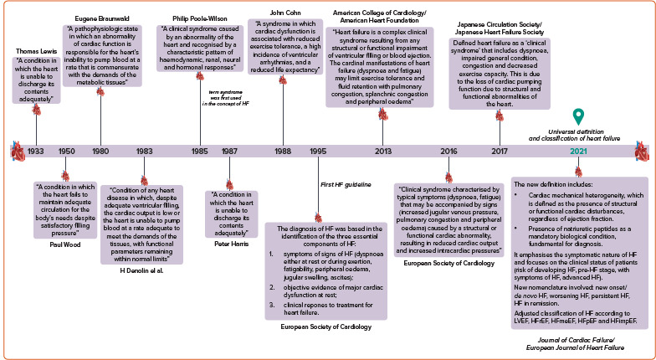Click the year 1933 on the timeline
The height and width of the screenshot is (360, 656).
(36, 152)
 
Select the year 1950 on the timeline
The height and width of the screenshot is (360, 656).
(66, 152)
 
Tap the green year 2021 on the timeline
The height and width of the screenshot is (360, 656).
(578, 152)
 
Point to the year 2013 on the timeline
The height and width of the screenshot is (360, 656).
(382, 152)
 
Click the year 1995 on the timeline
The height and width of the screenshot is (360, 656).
(318, 152)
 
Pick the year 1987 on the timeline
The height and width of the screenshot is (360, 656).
(228, 152)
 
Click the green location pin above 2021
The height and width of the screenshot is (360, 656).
(577, 117)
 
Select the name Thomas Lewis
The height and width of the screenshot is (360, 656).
(36, 51)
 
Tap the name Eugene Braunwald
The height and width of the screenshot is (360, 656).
(100, 16)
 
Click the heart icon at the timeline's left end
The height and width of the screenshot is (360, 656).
(16, 152)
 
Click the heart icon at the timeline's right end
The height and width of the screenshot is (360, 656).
(642, 152)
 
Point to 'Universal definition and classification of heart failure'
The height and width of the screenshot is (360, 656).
(577, 134)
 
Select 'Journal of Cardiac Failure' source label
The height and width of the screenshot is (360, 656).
(577, 340)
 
